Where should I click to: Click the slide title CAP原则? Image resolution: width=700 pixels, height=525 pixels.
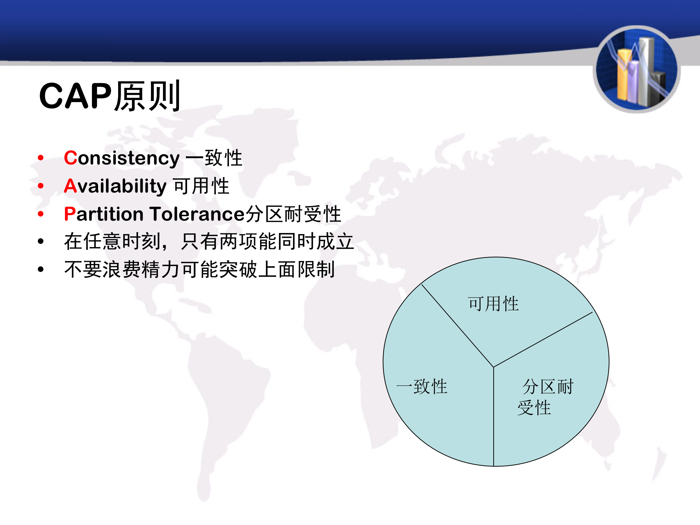[109, 96]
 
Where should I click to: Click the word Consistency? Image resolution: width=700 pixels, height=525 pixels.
[122, 158]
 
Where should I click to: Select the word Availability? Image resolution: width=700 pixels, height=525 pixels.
[115, 186]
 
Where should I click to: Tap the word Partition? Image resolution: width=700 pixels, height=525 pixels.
[104, 214]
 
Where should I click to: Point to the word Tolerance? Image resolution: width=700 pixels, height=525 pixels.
[197, 214]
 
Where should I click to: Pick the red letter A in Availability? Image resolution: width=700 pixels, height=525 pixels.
[70, 186]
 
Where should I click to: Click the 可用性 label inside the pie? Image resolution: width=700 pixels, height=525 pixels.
[493, 304]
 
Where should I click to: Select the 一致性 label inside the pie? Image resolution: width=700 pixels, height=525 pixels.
[422, 386]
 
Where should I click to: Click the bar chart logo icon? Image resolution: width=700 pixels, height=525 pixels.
[637, 69]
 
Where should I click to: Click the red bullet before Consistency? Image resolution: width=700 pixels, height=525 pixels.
[41, 158]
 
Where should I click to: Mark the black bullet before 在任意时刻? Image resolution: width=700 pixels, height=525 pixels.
[41, 241]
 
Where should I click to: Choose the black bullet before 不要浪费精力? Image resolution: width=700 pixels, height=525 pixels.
[41, 269]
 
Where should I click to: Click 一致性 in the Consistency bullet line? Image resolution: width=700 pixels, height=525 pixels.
[214, 158]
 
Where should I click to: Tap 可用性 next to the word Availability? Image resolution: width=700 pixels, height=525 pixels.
[201, 186]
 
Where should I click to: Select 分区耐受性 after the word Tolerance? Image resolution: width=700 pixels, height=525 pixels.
[293, 214]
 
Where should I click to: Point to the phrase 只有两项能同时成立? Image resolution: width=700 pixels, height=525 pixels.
[267, 241]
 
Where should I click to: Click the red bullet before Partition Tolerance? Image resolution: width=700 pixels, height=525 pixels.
[41, 214]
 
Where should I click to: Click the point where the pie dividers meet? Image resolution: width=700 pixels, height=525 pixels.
[493, 367]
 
